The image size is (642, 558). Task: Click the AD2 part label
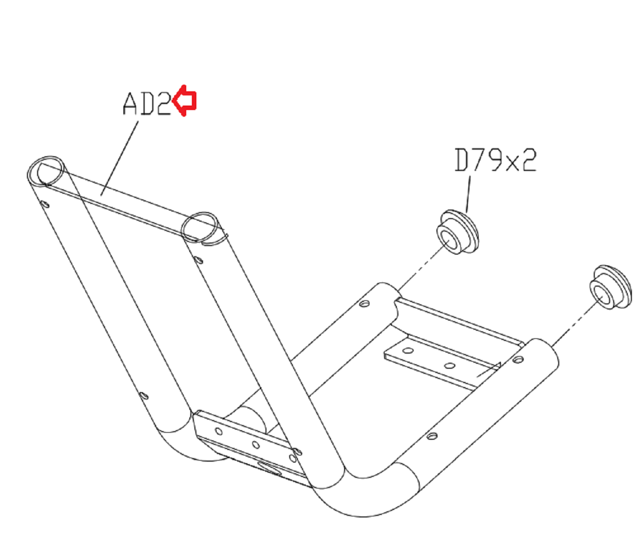(x=147, y=103)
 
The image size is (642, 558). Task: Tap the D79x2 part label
(x=495, y=160)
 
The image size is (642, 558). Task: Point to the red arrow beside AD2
(x=185, y=100)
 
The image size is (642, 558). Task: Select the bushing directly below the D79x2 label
(x=458, y=232)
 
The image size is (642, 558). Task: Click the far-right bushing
(x=611, y=287)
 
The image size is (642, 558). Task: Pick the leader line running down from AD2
(x=119, y=158)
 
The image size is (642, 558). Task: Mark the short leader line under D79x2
(x=468, y=194)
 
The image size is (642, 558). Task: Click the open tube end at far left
(x=46, y=171)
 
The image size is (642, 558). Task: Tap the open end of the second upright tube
(x=200, y=227)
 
